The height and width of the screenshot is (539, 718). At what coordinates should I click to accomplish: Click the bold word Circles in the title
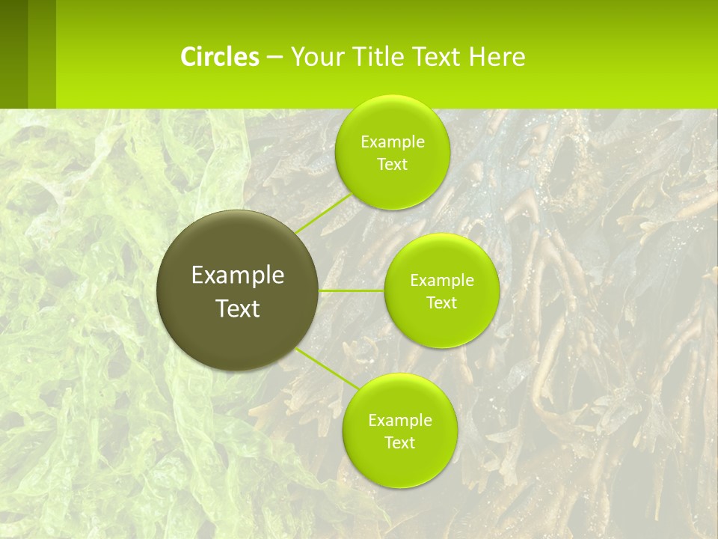[x=220, y=57]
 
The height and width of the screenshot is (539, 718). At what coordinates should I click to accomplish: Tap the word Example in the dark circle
[x=238, y=275]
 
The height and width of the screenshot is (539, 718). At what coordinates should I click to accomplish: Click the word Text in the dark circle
[x=238, y=308]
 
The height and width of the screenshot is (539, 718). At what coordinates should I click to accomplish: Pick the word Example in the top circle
[x=392, y=142]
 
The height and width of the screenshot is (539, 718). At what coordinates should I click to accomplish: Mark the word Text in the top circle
[x=392, y=165]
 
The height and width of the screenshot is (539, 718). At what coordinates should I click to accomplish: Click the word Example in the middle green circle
[x=442, y=281]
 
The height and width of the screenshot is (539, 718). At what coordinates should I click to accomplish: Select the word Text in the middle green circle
[x=442, y=303]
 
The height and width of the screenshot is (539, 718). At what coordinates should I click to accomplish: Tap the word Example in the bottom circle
[x=399, y=421]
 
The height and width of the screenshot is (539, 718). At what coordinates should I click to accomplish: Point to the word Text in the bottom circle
[x=399, y=443]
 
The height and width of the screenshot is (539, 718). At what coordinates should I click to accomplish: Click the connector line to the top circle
[x=322, y=213]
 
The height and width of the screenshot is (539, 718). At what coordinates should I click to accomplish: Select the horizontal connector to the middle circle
[x=352, y=290]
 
